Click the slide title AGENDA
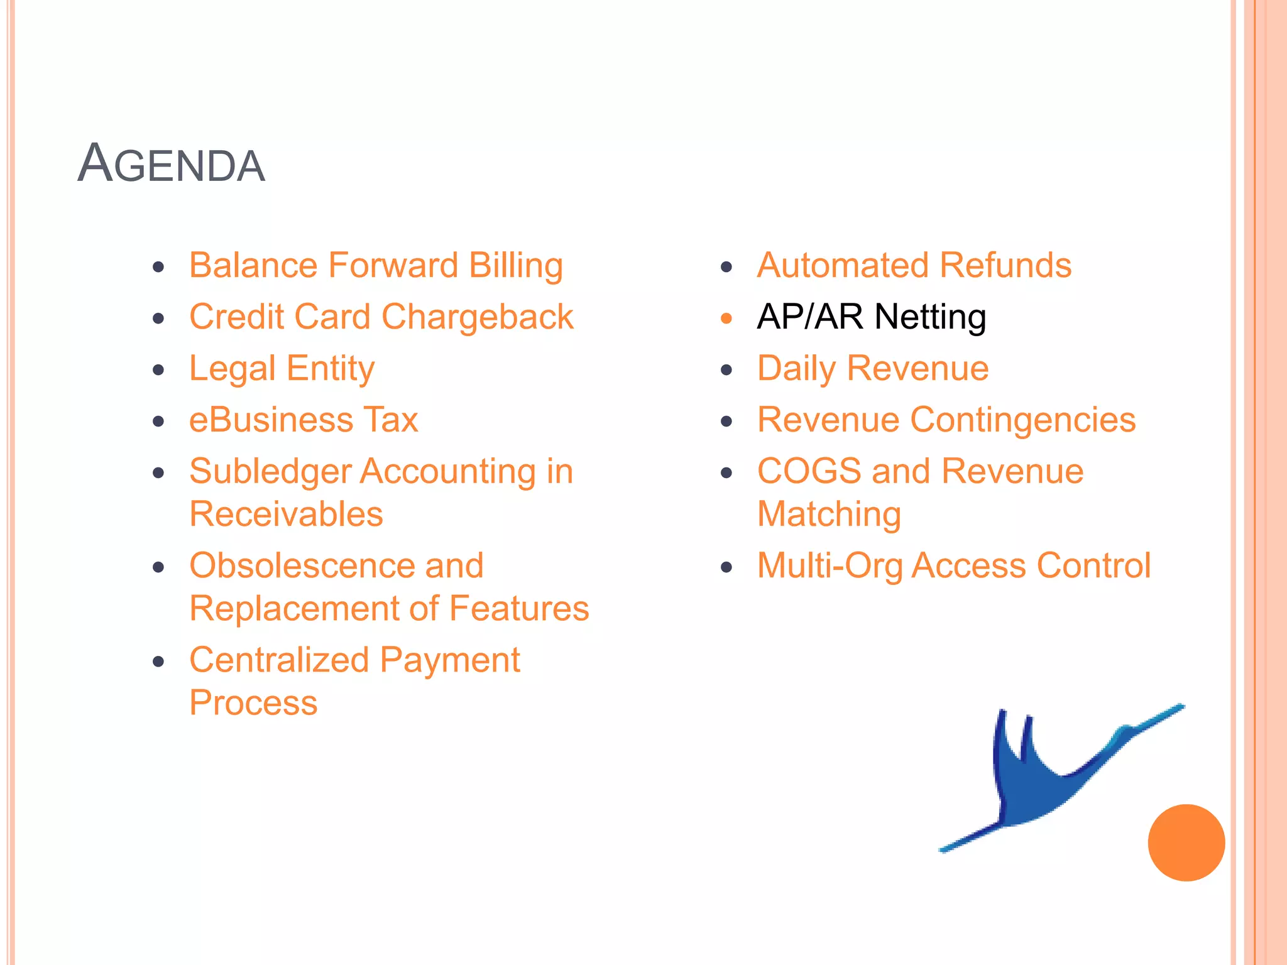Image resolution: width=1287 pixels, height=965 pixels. pyautogui.click(x=171, y=164)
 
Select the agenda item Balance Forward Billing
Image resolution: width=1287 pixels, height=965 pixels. pyautogui.click(x=376, y=266)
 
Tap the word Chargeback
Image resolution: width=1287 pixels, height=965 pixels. pyautogui.click(x=477, y=317)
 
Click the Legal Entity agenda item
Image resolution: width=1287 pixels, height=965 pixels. pyautogui.click(x=282, y=369)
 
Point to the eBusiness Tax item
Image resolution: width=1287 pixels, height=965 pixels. pyautogui.click(x=304, y=420)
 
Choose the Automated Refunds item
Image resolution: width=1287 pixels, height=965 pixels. pyautogui.click(x=914, y=266)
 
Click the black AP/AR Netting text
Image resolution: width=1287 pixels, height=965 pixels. pyautogui.click(x=871, y=317)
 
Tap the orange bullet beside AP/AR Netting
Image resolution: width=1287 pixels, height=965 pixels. pyautogui.click(x=726, y=319)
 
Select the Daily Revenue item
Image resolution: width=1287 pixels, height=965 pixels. pyautogui.click(x=872, y=369)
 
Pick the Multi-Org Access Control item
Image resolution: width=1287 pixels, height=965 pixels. pyautogui.click(x=953, y=566)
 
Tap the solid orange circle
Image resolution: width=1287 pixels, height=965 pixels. pyautogui.click(x=1186, y=842)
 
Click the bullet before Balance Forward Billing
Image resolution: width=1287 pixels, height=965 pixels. pyautogui.click(x=158, y=267)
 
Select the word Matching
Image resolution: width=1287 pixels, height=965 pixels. pyautogui.click(x=829, y=515)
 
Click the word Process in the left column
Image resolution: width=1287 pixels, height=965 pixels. pyautogui.click(x=253, y=703)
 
